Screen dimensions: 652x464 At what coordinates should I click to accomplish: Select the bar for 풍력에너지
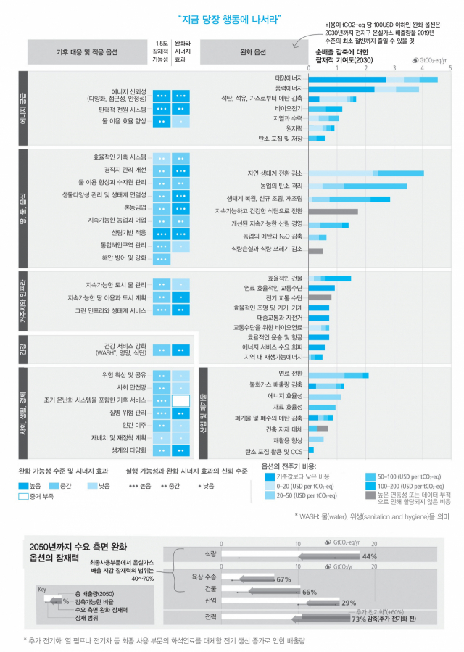[363, 89]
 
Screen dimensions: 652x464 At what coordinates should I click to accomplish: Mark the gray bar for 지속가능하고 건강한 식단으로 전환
[333, 211]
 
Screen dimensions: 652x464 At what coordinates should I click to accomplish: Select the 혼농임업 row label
[134, 208]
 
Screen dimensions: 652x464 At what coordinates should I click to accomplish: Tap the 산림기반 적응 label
[130, 233]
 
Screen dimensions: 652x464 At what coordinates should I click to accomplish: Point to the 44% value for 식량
[370, 556]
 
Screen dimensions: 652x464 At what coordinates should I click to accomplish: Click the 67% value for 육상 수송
[283, 580]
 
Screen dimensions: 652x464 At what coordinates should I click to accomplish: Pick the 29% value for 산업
[349, 603]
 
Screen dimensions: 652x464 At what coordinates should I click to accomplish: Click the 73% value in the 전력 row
[358, 619]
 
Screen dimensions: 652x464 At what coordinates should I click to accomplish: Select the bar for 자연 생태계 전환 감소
[366, 173]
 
